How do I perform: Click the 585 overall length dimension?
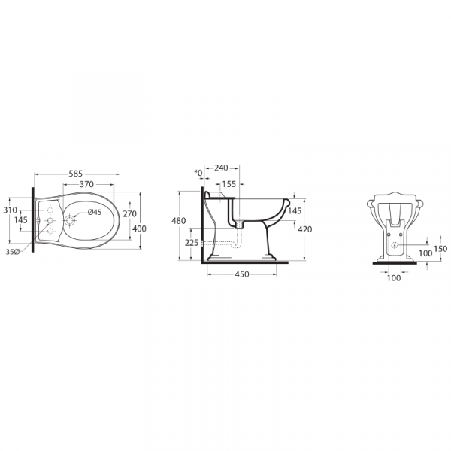(76, 174)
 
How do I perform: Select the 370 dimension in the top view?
(86, 184)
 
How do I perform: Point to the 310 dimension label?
(11, 210)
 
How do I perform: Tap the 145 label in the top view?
(21, 220)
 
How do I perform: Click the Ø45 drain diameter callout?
(95, 212)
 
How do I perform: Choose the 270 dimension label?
(129, 214)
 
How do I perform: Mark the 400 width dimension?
(139, 229)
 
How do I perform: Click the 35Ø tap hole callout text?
(13, 252)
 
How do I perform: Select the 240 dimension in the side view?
(221, 168)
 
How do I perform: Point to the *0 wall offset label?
(198, 173)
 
